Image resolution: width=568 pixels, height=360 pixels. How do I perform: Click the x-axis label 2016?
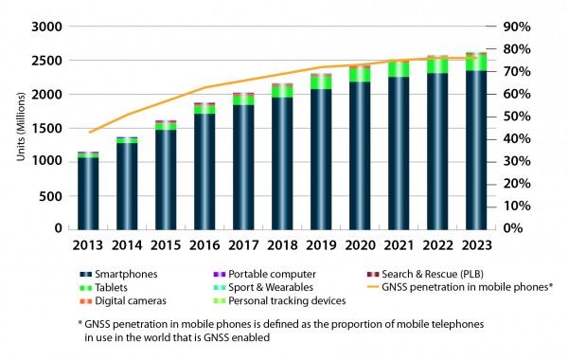click(x=205, y=243)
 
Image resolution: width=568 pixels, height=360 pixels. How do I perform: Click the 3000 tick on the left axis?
click(x=49, y=27)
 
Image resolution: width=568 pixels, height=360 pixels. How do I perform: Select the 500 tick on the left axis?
click(x=54, y=195)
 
